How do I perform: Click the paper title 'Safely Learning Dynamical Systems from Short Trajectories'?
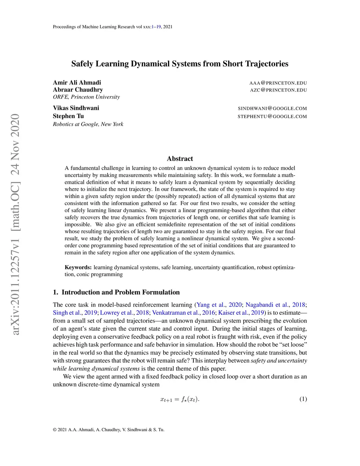pyautogui.click(x=180, y=64)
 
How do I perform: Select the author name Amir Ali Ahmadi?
pyautogui.click(x=77, y=83)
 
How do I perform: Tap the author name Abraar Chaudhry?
pyautogui.click(x=78, y=90)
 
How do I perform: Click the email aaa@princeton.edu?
pyautogui.click(x=278, y=83)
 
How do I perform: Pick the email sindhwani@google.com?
pyautogui.click(x=272, y=108)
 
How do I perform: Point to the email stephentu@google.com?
pyautogui.click(x=272, y=116)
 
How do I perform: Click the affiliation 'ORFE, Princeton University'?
pyautogui.click(x=86, y=97)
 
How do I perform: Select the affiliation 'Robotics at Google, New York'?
pyautogui.click(x=88, y=124)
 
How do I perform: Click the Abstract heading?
pyautogui.click(x=180, y=159)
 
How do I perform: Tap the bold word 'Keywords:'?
pyautogui.click(x=78, y=267)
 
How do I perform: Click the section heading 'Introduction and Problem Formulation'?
pyautogui.click(x=121, y=292)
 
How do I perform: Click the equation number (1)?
pyautogui.click(x=303, y=399)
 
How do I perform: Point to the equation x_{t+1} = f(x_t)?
pyautogui.click(x=180, y=399)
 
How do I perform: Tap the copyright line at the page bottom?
pyautogui.click(x=108, y=429)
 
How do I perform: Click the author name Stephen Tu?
pyautogui.click(x=68, y=116)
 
